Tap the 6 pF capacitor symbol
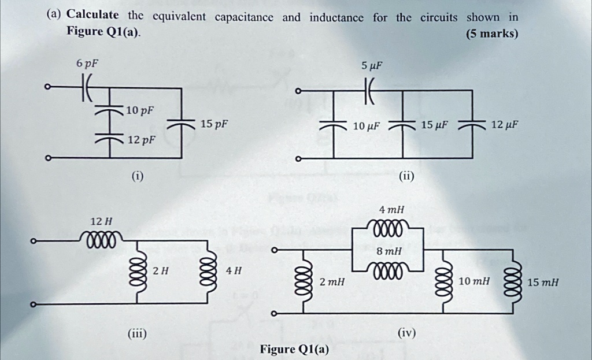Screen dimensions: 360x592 (87, 89)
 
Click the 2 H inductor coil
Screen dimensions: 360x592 (137, 270)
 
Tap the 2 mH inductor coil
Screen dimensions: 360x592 (299, 281)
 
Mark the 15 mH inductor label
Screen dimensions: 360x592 (543, 283)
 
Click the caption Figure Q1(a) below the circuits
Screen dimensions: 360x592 (294, 349)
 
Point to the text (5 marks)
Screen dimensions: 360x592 (491, 34)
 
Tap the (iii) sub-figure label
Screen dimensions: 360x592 (137, 333)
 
